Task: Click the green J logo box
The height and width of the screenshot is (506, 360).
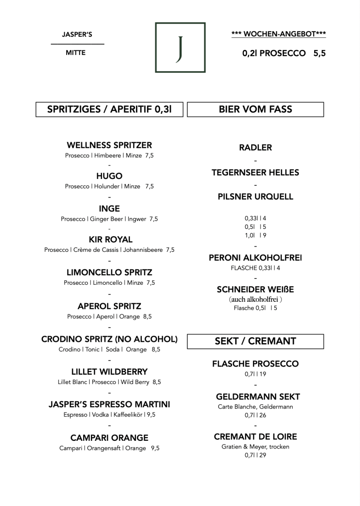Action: point(180,23)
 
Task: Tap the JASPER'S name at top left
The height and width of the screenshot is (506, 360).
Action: point(77,35)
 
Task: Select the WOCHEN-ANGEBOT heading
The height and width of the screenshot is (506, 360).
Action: point(279,34)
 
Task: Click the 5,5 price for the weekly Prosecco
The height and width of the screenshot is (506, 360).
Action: point(319,53)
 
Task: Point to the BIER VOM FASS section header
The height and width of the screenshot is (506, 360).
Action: point(256,109)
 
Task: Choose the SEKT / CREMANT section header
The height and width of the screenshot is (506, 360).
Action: point(256,341)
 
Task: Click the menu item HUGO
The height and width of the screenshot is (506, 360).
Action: point(109,176)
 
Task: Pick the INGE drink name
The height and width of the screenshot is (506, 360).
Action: point(109,209)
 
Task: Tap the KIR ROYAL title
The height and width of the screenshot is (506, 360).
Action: point(111,240)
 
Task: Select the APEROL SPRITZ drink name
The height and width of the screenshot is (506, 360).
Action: point(109,306)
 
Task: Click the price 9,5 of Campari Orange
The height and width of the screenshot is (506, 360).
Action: point(155,448)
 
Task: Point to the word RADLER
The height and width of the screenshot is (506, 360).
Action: point(256,148)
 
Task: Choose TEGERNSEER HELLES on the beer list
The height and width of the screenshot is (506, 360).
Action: point(256,173)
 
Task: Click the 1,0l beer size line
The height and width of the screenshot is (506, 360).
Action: point(256,236)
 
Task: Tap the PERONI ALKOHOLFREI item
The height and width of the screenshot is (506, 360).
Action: point(256,258)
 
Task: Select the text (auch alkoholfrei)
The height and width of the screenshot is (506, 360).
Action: point(256,300)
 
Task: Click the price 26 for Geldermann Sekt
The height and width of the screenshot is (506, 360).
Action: point(263,415)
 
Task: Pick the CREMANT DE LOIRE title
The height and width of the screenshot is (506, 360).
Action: point(256,437)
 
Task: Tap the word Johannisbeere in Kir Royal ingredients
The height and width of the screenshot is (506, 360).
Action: point(143,250)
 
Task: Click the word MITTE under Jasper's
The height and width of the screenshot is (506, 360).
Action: point(76,53)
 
